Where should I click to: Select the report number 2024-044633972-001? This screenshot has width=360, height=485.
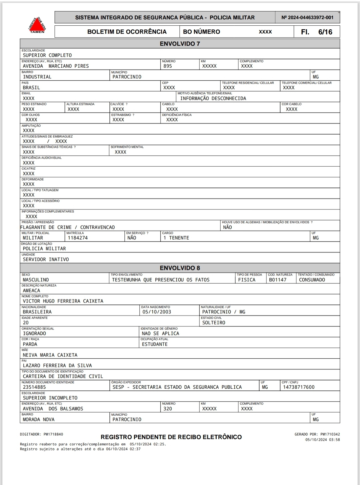click(x=307, y=18)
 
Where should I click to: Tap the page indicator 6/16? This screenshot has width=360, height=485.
click(x=325, y=32)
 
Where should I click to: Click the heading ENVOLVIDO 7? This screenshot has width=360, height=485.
click(x=180, y=44)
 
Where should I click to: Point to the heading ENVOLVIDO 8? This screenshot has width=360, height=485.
click(x=180, y=268)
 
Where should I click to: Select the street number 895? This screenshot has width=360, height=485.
click(x=168, y=66)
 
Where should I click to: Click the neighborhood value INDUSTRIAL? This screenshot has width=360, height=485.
click(x=37, y=77)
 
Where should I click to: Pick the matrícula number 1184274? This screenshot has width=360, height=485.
click(x=78, y=238)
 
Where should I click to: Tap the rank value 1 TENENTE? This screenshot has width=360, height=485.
click(x=176, y=238)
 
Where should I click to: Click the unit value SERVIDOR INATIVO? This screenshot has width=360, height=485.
click(x=46, y=259)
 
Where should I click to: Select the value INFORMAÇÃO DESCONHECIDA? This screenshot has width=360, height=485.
click(x=213, y=99)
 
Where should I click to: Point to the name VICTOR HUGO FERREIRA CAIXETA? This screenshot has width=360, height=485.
click(x=63, y=301)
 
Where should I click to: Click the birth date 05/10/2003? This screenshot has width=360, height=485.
click(x=157, y=312)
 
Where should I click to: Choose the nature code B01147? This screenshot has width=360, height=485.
click(x=278, y=280)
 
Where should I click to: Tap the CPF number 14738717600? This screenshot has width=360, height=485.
click(x=299, y=387)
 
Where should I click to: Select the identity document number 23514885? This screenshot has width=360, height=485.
click(x=34, y=387)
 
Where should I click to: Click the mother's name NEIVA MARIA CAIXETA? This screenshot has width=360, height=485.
click(x=50, y=355)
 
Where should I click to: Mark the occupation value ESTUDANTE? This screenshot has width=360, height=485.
click(x=155, y=344)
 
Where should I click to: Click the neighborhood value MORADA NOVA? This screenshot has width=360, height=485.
click(x=39, y=420)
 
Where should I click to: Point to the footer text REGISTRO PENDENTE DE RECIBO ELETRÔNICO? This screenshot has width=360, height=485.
click(x=171, y=437)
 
